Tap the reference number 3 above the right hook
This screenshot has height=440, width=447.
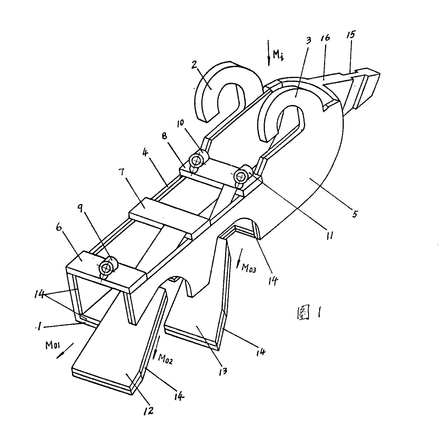308,41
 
